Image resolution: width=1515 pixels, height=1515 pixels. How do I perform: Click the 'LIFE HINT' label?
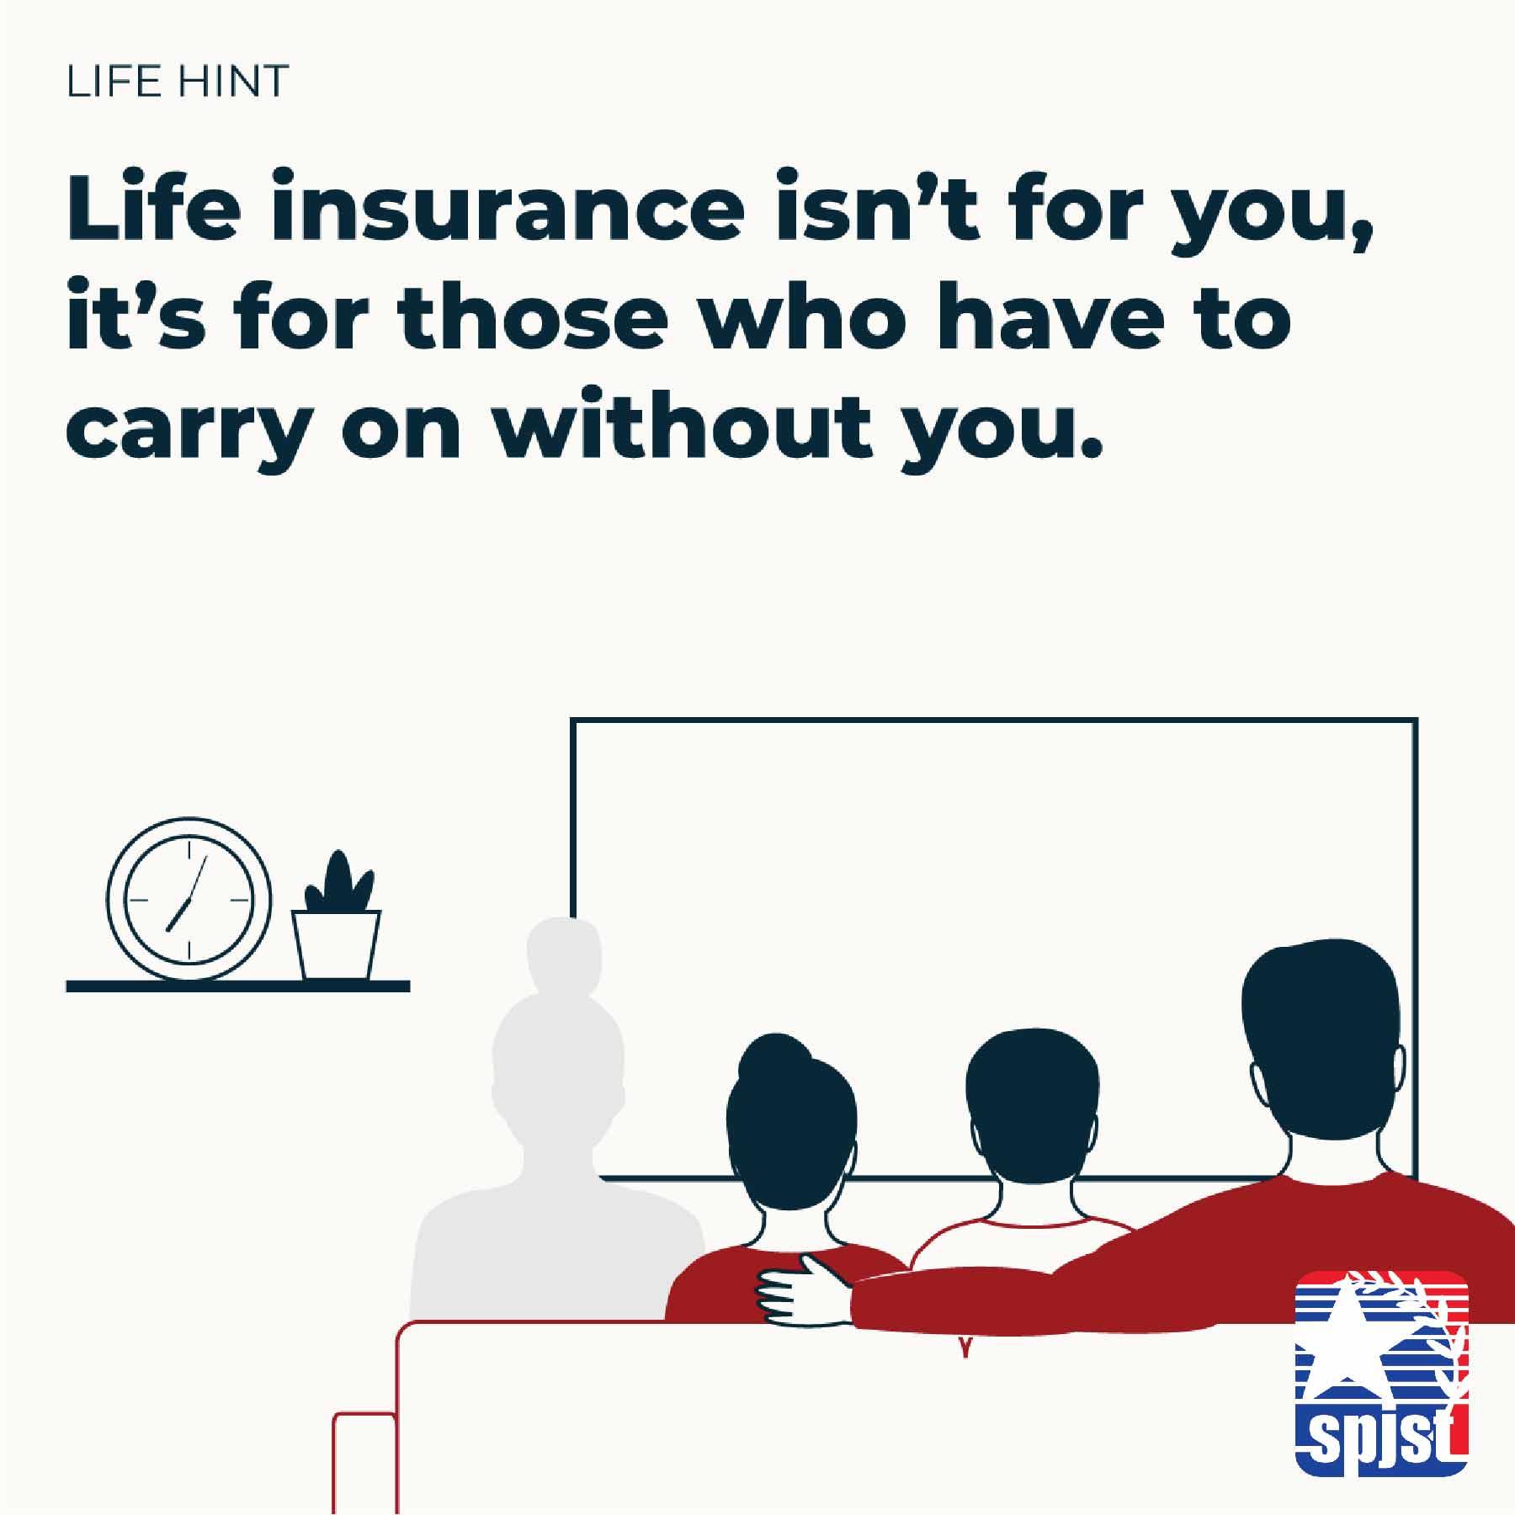178,81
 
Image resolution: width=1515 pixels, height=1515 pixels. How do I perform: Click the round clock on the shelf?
189,898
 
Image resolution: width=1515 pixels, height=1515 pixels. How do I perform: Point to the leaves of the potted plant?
338,880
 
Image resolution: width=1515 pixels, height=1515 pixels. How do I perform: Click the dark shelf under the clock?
238,986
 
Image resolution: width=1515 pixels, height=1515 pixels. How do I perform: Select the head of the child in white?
1033,1098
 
